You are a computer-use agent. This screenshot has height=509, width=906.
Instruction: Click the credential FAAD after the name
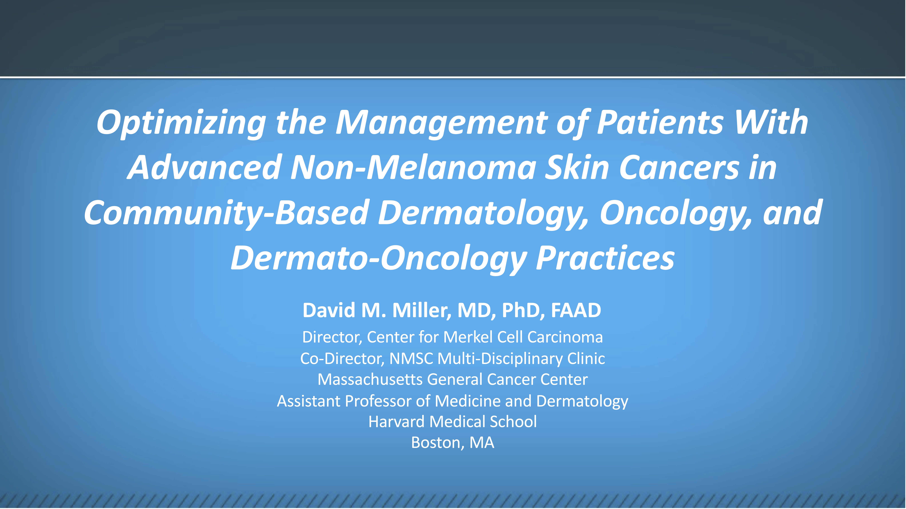pos(576,310)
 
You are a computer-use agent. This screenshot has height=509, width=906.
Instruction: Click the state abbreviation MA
pos(482,443)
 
